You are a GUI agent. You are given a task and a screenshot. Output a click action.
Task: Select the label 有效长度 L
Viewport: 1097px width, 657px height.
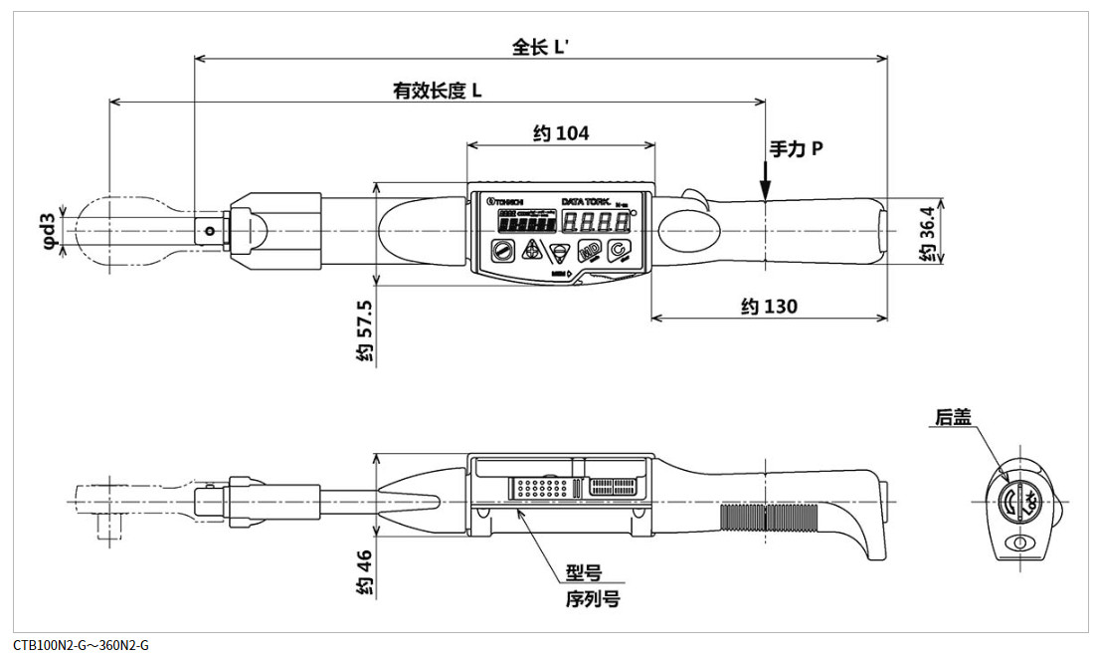pos(438,91)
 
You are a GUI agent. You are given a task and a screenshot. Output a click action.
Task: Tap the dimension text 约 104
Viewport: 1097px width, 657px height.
pos(560,133)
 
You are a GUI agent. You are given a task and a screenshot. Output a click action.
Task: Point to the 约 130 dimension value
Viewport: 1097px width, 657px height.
pos(769,306)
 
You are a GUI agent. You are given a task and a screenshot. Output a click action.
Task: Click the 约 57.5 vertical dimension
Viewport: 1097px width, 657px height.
pos(365,329)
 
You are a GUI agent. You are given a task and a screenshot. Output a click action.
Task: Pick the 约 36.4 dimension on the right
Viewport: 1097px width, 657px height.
pos(926,235)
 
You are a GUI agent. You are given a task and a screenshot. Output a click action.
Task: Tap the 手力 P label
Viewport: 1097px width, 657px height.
pos(797,149)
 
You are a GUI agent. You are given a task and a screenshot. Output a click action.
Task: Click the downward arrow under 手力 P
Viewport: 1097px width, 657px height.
pos(765,185)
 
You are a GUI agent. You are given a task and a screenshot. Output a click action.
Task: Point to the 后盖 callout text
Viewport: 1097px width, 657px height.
pos(952,417)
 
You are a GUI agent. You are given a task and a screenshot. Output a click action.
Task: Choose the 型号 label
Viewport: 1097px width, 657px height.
pos(584,573)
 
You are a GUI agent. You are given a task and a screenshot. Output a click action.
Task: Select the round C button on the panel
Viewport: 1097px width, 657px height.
pos(619,251)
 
